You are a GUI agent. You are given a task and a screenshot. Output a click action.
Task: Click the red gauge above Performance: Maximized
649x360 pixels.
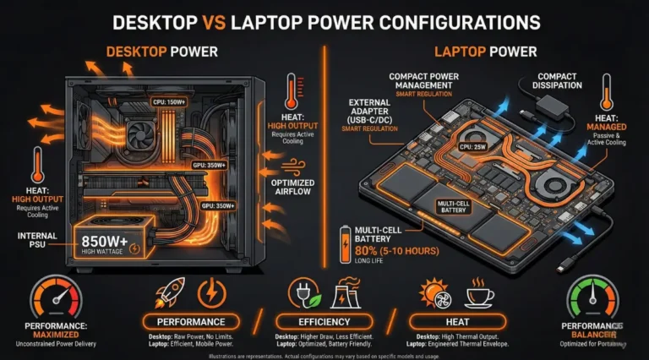click(57, 296)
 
